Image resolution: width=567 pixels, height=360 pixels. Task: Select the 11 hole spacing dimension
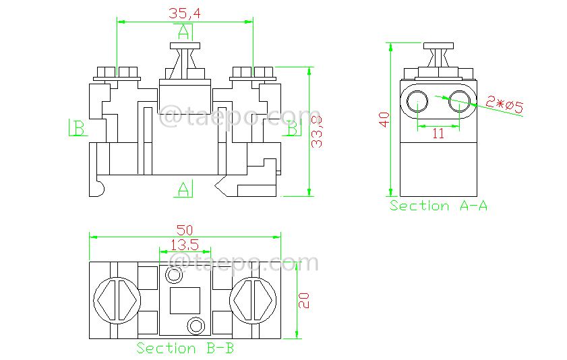438,133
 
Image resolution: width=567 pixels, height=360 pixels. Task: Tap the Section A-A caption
438,206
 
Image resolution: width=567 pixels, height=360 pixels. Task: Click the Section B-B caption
185,348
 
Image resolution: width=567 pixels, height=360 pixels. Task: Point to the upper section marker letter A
183,31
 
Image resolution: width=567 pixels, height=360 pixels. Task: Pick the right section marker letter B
292,127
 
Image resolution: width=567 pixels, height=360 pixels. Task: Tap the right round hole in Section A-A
460,102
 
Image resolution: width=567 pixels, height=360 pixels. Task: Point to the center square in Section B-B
185,300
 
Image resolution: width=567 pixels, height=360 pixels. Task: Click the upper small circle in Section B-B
174,275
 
